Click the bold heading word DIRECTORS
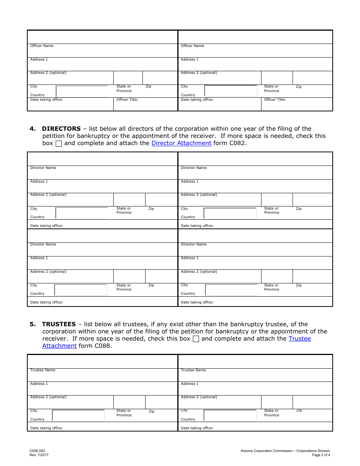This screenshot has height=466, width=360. coord(61,129)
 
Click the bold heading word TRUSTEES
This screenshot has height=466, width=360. coord(59,324)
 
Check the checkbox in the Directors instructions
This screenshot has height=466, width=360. coord(59,144)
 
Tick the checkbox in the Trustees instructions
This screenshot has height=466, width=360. coord(196,339)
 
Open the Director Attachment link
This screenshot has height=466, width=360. coord(181,143)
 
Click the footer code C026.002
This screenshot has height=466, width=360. coord(37,451)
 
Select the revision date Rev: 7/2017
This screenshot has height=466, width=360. coord(39,455)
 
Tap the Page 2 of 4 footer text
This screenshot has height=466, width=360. coord(321,455)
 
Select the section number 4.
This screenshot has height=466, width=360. coord(33,129)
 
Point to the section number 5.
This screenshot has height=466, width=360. coord(33,324)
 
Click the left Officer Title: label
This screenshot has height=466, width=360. coord(127,100)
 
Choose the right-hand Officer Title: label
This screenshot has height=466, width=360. coord(275,100)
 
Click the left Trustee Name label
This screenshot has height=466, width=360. coord(43,370)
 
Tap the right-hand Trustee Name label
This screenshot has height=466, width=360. coord(193,370)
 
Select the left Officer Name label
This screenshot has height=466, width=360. coord(42,46)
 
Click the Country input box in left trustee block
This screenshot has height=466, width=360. coord(78,416)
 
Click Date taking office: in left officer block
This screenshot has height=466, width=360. coord(47,100)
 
